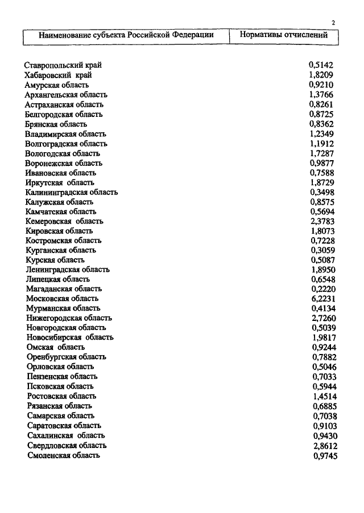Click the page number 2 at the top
point(333,23)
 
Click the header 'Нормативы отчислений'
point(284,35)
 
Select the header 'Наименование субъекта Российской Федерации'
point(126,35)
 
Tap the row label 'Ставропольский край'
point(63,66)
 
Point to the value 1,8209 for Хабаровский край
point(321,75)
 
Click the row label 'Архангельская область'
point(66,95)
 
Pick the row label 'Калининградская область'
point(72,192)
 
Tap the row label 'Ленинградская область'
point(68,270)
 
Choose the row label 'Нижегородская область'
point(69,318)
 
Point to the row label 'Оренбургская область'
point(66,357)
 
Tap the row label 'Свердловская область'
point(67,445)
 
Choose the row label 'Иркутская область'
point(60,182)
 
